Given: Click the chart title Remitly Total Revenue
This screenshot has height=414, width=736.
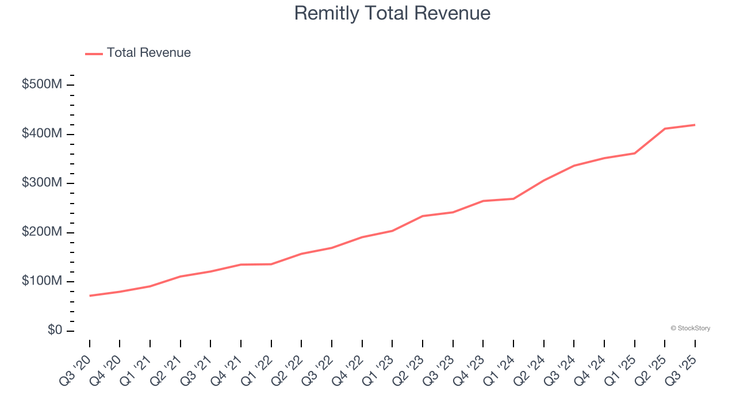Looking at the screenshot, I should [392, 13].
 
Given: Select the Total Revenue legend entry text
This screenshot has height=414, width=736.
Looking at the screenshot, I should [148, 53].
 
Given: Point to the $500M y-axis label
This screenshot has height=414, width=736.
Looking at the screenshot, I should [42, 85].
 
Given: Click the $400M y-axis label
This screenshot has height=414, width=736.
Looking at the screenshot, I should [42, 133].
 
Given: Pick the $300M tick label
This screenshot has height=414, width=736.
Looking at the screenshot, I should [42, 183].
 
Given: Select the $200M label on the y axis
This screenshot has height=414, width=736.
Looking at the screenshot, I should [42, 232].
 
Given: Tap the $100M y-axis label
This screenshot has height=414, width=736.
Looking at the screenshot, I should [42, 281].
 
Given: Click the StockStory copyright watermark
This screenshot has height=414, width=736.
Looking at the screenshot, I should [690, 328].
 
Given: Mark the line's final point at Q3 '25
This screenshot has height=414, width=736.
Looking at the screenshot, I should [695, 125].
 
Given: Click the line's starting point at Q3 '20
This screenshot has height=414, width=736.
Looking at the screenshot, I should [90, 296].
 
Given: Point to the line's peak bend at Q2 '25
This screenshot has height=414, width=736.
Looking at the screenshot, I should [665, 129].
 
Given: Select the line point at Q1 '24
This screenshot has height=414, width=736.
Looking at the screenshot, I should [513, 199].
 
